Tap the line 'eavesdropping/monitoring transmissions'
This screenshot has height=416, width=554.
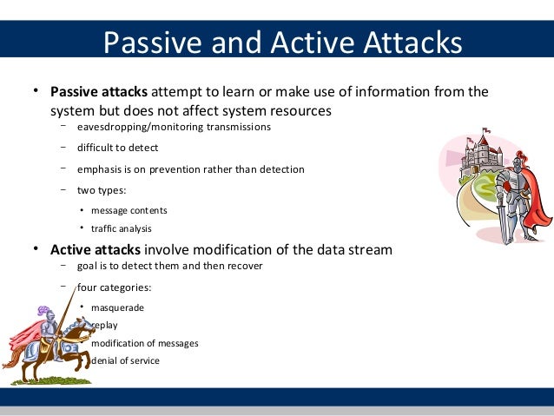(x=174, y=127)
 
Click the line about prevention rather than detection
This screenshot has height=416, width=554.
(x=190, y=169)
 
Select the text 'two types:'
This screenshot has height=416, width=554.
(x=102, y=190)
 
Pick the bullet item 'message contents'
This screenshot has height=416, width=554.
(x=129, y=210)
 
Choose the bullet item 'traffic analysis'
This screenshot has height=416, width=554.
(x=121, y=229)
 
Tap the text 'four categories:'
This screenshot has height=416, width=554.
(x=114, y=287)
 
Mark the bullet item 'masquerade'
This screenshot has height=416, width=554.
(x=117, y=307)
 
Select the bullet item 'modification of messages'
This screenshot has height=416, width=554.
(x=144, y=343)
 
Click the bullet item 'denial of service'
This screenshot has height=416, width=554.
(x=125, y=360)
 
